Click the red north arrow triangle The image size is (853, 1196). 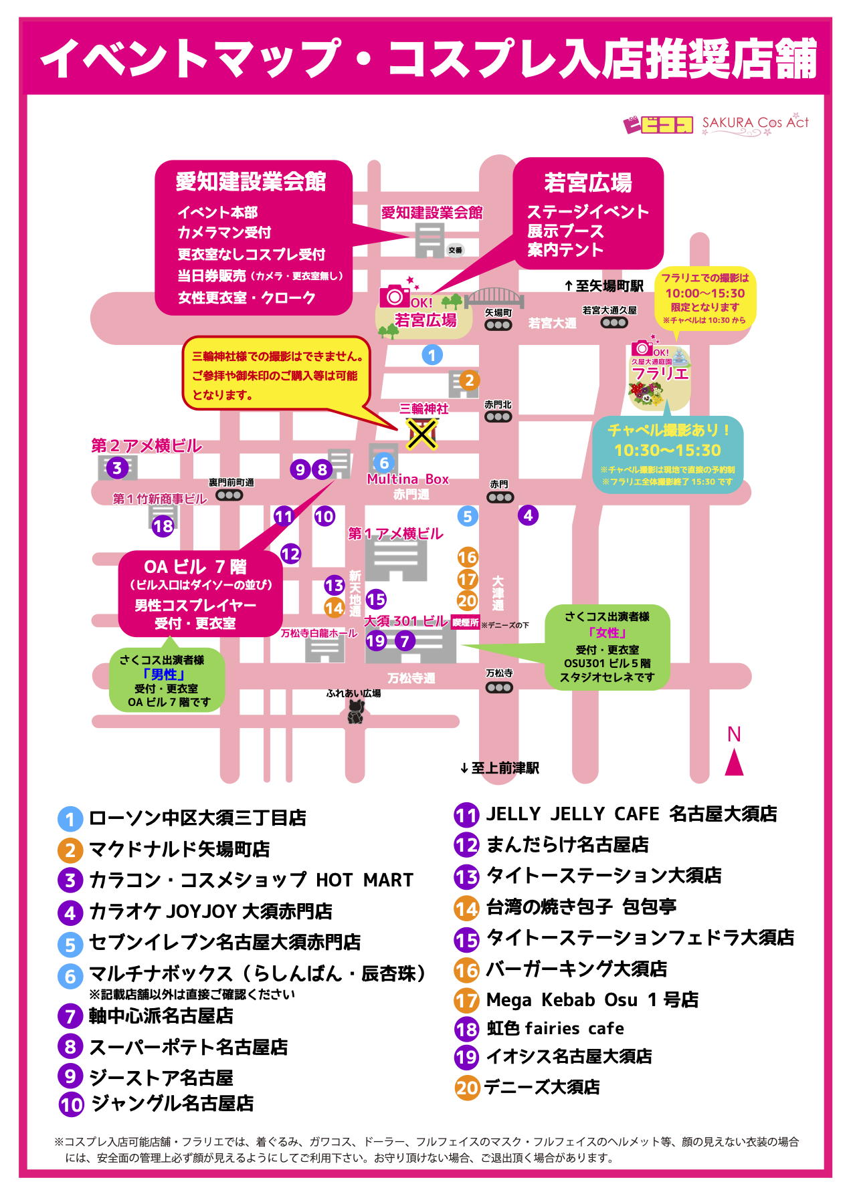(x=734, y=763)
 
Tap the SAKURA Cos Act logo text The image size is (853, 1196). (x=755, y=123)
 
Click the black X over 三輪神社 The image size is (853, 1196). (x=422, y=434)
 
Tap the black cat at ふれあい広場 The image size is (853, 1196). (x=355, y=713)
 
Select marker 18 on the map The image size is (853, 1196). (x=163, y=526)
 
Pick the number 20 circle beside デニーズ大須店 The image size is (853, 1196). (x=467, y=1088)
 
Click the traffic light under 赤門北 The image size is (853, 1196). (x=498, y=417)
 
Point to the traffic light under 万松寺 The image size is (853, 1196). (x=499, y=687)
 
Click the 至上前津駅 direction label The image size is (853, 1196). (x=500, y=768)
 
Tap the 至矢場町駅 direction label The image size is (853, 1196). (x=604, y=286)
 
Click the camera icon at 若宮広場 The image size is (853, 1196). (x=395, y=296)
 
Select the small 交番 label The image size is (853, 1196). (x=455, y=250)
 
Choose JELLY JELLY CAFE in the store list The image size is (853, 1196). (x=631, y=814)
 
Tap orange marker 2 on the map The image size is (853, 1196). (x=469, y=380)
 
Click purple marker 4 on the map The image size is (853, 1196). (x=528, y=515)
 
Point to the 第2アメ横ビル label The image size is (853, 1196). (x=147, y=446)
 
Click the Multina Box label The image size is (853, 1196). (x=407, y=479)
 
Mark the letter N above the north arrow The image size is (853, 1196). (x=734, y=734)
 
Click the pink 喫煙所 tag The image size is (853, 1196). (x=465, y=622)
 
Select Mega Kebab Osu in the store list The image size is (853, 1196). (x=592, y=1000)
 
